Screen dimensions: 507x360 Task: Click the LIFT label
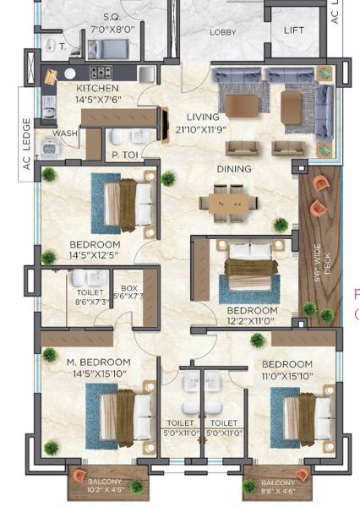294,30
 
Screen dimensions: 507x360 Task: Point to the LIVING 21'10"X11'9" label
205,123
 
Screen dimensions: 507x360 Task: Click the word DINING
233,169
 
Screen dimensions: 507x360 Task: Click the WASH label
64,134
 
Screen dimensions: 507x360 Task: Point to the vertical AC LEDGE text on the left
26,154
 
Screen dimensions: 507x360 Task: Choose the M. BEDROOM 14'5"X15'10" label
99,368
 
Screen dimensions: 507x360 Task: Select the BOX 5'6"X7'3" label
129,292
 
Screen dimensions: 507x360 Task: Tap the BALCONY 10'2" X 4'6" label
104,485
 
